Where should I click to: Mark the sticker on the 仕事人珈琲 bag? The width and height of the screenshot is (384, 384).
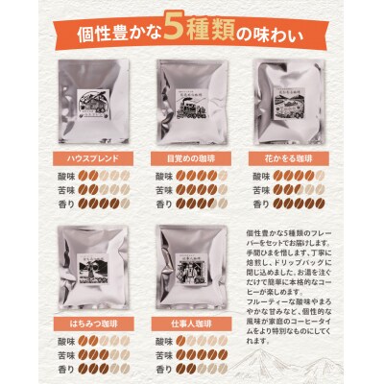[191, 260]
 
